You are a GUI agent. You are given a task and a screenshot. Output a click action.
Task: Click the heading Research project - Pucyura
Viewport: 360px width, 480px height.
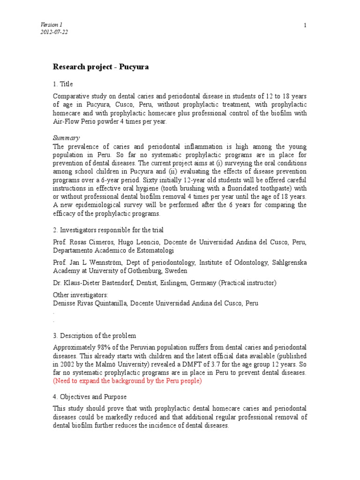[101, 67]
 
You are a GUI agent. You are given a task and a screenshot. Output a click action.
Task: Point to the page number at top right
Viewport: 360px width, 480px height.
[305, 25]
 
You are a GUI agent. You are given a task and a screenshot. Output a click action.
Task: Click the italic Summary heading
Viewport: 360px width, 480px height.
[66, 138]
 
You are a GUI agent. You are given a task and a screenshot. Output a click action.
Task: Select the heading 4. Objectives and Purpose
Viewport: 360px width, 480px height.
[90, 397]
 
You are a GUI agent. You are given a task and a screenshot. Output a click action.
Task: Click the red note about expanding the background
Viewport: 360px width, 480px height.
[127, 381]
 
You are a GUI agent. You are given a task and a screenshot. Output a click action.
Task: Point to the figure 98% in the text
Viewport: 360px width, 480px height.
[97, 347]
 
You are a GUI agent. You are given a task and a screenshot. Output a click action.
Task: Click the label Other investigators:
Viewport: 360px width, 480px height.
[80, 295]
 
